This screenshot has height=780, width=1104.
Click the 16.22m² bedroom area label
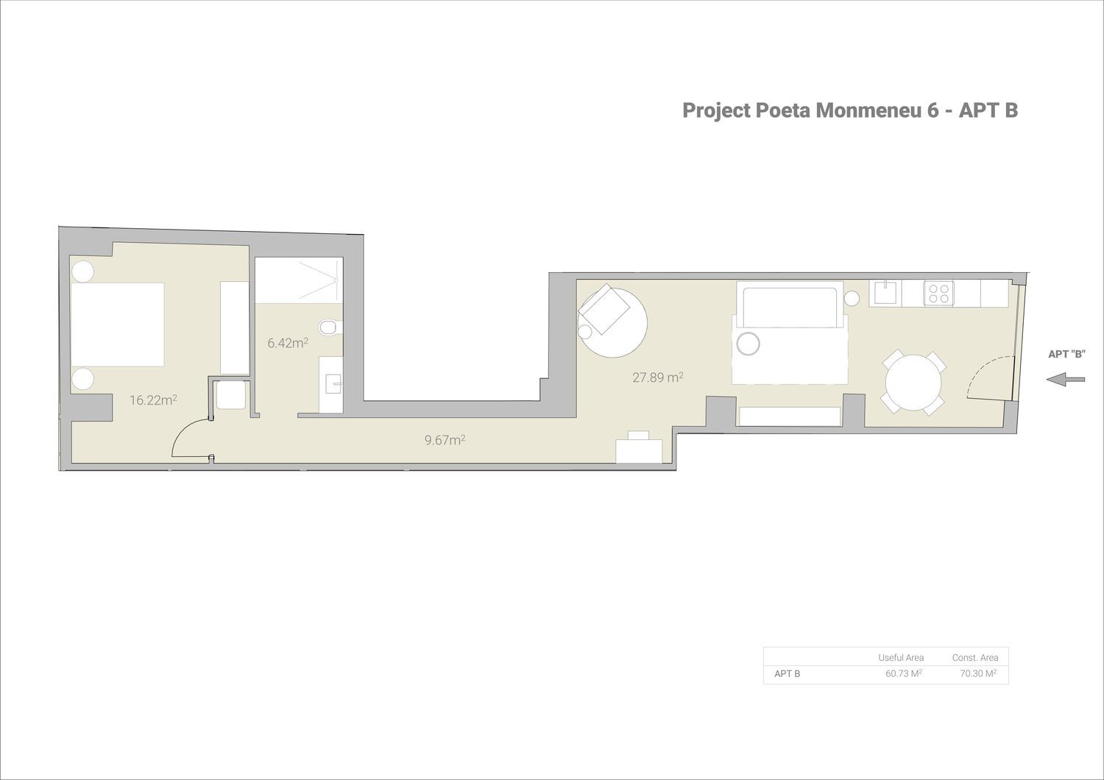pos(153,400)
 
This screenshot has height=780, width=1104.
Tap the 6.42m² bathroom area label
pos(288,342)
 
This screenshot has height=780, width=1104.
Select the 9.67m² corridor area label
pos(445,439)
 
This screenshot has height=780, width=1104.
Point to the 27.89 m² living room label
pos(658,377)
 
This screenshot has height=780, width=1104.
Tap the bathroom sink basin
pos(334,384)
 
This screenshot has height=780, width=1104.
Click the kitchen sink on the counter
pos(888,293)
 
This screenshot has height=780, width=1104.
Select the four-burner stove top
pos(938,293)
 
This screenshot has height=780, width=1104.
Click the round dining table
pos(913,383)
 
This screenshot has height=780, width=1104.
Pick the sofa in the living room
pos(790,305)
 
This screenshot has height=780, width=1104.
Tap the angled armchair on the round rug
pos(604,310)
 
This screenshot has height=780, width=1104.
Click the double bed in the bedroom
pos(117,325)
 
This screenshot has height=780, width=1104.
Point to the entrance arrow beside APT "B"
pos(1066,380)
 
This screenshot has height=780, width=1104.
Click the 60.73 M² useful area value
pos(904,673)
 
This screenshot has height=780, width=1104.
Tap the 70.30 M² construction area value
pos(978,673)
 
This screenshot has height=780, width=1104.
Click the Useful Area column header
pos(901,657)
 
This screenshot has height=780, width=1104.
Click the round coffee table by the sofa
pos(749,344)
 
